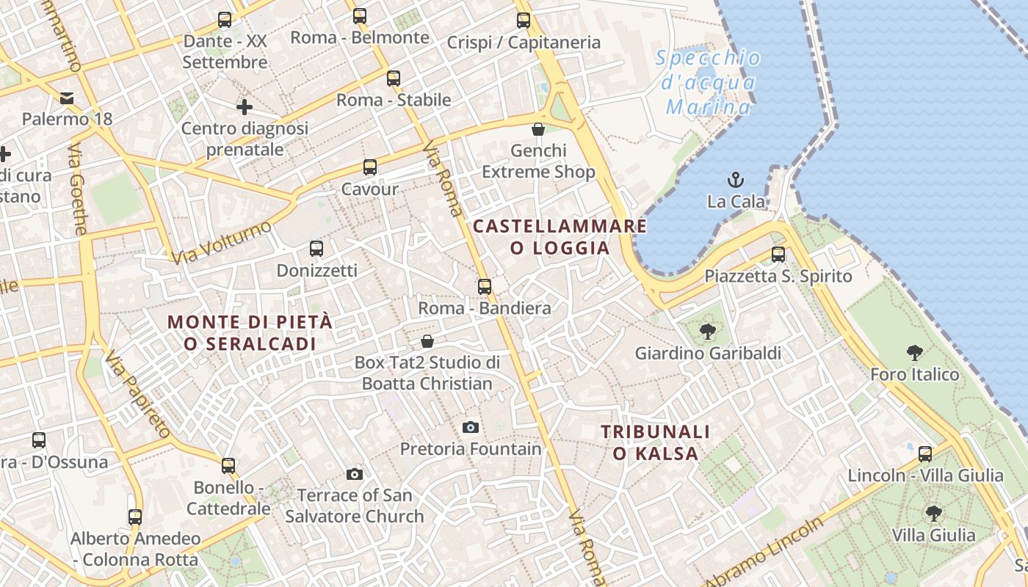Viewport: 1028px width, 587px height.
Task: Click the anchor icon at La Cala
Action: [735, 179]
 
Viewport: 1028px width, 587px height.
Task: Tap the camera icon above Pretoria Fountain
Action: [471, 427]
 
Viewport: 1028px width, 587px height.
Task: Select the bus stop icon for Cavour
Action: [370, 167]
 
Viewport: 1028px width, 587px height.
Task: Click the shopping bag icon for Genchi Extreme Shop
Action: [538, 129]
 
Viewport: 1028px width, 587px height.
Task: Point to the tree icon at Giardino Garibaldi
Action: [708, 332]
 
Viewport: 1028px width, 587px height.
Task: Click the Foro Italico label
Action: [914, 374]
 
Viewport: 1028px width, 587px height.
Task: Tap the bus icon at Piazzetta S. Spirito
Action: [778, 255]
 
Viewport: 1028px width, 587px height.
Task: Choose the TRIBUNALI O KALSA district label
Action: [656, 442]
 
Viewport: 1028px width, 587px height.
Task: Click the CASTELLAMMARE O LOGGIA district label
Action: [560, 236]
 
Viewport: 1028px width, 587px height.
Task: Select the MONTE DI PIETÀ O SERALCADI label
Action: [250, 332]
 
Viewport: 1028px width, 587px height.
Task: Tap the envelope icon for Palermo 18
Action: [67, 98]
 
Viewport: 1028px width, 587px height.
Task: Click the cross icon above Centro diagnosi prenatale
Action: [245, 108]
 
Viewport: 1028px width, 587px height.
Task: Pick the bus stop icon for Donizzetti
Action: [316, 249]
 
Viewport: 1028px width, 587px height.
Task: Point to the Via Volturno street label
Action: [220, 243]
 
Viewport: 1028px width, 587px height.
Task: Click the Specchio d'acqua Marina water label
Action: [708, 82]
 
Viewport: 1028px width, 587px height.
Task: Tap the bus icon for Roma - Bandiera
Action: [485, 286]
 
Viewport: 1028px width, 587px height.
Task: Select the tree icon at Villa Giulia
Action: [933, 513]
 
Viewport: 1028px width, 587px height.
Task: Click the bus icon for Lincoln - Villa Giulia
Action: [925, 453]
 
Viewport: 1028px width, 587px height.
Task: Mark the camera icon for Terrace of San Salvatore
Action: [355, 474]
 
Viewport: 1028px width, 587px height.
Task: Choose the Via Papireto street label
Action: [137, 395]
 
